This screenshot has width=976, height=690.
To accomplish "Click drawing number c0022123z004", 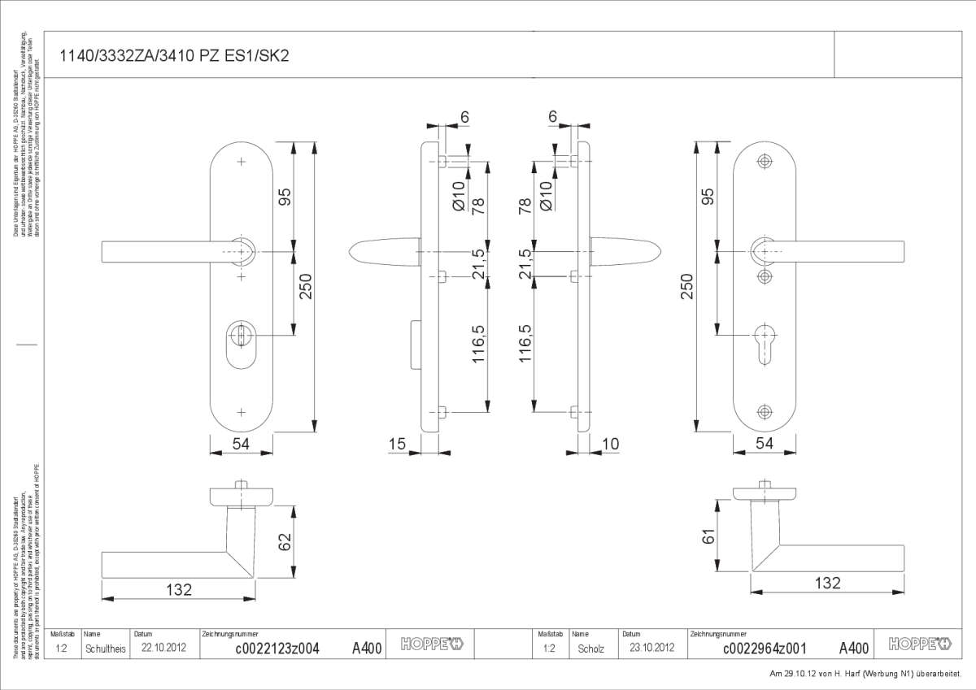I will point(277,648).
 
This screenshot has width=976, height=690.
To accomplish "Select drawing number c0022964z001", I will point(765,648).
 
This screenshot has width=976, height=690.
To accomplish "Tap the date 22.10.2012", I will point(164,648).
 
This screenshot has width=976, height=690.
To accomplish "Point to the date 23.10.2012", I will point(652,648).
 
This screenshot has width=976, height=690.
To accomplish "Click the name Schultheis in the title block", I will point(106,648).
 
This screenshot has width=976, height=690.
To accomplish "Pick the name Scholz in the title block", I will point(590,648).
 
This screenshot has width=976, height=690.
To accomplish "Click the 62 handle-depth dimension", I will point(285,541).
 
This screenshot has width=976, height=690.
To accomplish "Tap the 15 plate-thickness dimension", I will point(397,443).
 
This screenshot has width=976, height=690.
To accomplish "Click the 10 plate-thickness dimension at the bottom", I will point(611,443).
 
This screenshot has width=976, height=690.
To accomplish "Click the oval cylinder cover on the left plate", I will point(240,340).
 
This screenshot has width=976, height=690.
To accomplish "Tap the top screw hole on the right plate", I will point(764,162).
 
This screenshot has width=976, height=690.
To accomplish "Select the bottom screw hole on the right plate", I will point(764,411).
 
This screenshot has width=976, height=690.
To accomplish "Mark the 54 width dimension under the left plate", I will point(241,443).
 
